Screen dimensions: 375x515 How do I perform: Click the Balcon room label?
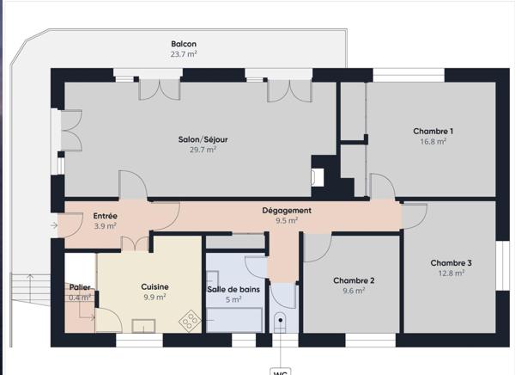tap(184, 44)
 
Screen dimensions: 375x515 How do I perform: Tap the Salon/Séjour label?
tap(203, 138)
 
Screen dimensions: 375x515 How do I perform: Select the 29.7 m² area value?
tap(203, 149)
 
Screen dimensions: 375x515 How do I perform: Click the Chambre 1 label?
tap(433, 132)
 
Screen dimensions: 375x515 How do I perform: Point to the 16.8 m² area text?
tap(433, 142)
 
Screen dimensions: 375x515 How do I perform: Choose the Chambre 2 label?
tap(354, 280)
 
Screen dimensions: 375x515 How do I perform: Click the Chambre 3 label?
tap(451, 263)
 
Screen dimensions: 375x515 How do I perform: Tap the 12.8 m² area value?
tap(451, 274)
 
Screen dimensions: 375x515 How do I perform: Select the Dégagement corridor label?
tap(287, 210)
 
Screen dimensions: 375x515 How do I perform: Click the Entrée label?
tap(105, 216)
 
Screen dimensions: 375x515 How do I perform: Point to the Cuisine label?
tap(154, 287)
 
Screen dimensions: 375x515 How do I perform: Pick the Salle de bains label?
tap(233, 289)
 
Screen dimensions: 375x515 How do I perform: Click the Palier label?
tap(81, 287)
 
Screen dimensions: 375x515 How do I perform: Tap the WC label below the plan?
tap(281, 372)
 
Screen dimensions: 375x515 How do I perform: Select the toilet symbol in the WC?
tap(281, 323)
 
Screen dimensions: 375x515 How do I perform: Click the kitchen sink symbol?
tap(143, 325)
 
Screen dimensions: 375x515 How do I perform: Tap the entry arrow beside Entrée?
tap(55, 225)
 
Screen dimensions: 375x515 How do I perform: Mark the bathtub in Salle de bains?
tap(234, 318)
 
